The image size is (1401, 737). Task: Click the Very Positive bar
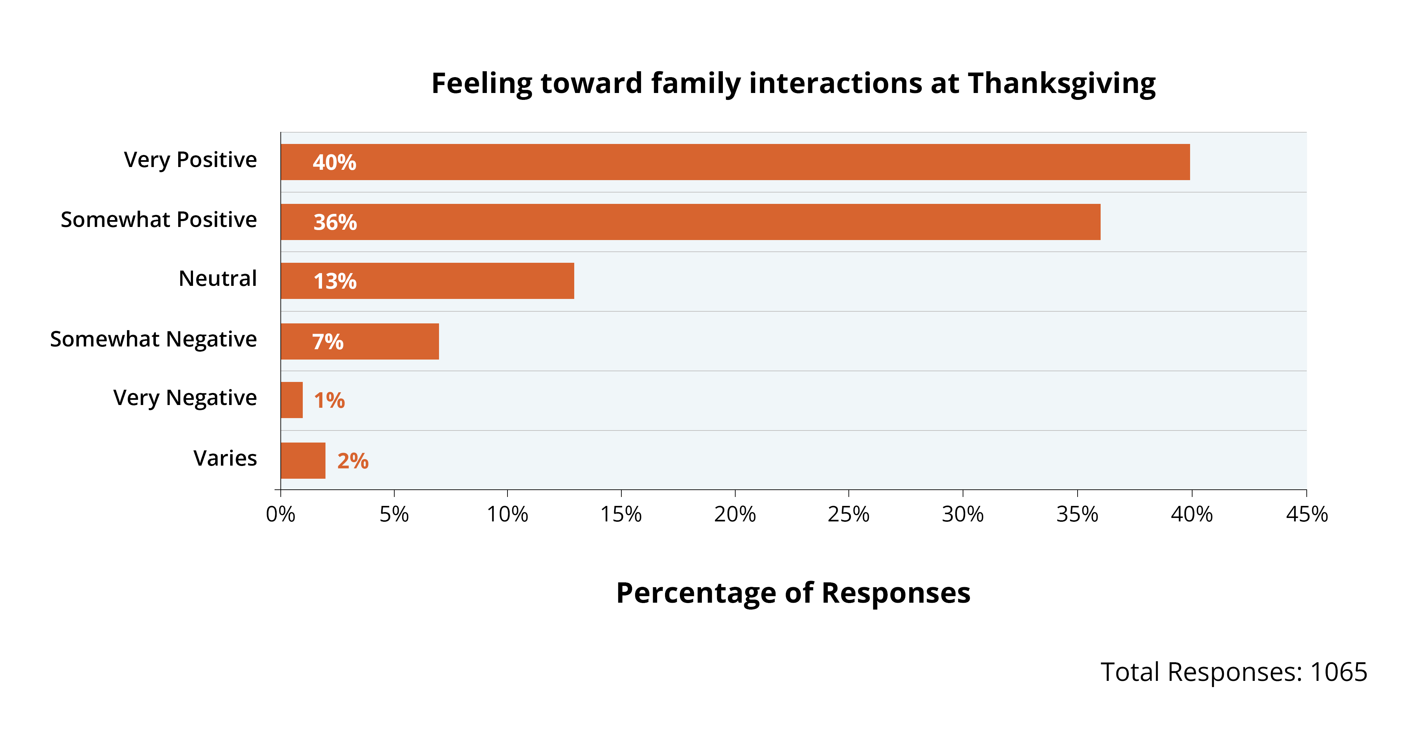tap(734, 162)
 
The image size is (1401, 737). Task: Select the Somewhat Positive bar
tap(691, 222)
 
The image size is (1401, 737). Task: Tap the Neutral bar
tap(427, 281)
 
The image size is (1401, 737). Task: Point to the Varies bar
tap(303, 460)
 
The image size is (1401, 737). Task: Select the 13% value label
tap(335, 281)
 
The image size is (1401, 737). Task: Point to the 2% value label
tap(353, 461)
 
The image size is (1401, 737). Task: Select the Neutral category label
tap(217, 279)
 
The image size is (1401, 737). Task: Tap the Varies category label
tap(225, 458)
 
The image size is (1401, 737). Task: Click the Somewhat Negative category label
tap(153, 339)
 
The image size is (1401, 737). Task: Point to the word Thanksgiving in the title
tap(1062, 84)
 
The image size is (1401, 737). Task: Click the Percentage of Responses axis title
tap(793, 593)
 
